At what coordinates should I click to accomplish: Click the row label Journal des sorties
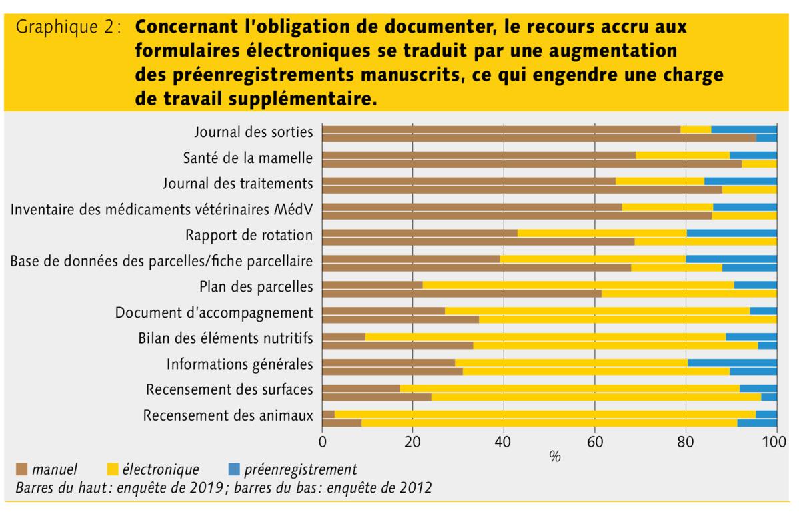tap(253, 132)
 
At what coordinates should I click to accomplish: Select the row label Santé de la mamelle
tap(247, 158)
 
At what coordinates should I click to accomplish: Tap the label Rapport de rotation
tap(249, 235)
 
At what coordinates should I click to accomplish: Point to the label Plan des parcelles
tap(255, 287)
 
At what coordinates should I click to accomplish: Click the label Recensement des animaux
tap(229, 416)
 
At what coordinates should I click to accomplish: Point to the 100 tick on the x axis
tap(775, 441)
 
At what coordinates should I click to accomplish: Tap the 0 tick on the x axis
tap(323, 441)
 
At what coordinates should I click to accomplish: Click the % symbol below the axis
tap(554, 458)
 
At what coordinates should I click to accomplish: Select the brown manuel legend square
tap(21, 469)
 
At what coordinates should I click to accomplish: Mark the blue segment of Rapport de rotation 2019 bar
tap(731, 232)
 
